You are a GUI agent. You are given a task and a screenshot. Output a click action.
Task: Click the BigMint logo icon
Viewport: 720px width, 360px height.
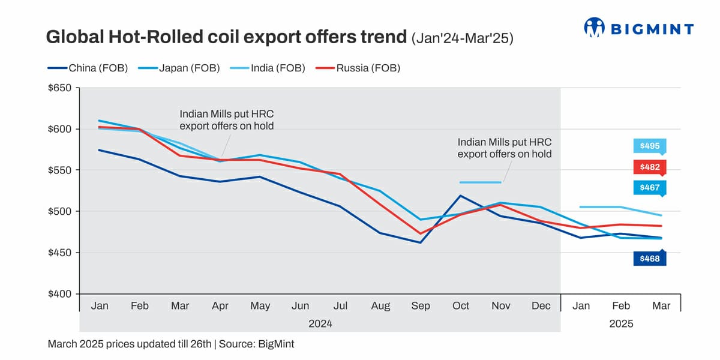pyautogui.click(x=595, y=28)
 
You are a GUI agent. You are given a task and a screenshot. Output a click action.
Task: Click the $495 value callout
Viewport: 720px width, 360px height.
pyautogui.click(x=650, y=146)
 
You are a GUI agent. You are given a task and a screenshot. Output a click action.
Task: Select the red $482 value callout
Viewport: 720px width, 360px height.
pyautogui.click(x=650, y=167)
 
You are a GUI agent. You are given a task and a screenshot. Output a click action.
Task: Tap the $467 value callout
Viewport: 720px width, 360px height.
pyautogui.click(x=650, y=188)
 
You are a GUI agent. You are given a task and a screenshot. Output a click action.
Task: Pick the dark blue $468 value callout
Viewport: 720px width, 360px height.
pyautogui.click(x=650, y=259)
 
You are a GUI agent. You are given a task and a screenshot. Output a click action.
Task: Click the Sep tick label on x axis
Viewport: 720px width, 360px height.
pyautogui.click(x=421, y=306)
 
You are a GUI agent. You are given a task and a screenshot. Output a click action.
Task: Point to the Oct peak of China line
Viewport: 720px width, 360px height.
pyautogui.click(x=461, y=196)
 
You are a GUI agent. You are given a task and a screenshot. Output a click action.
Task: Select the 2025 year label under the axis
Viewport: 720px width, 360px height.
pyautogui.click(x=621, y=323)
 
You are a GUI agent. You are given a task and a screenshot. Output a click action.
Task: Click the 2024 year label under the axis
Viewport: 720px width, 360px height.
pyautogui.click(x=320, y=323)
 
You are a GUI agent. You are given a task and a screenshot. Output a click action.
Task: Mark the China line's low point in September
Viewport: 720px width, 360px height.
pyautogui.click(x=421, y=242)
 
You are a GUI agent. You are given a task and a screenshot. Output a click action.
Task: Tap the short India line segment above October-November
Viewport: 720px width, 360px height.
pyautogui.click(x=480, y=182)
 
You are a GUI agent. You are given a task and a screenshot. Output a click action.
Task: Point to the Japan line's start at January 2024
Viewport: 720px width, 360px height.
pyautogui.click(x=100, y=121)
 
